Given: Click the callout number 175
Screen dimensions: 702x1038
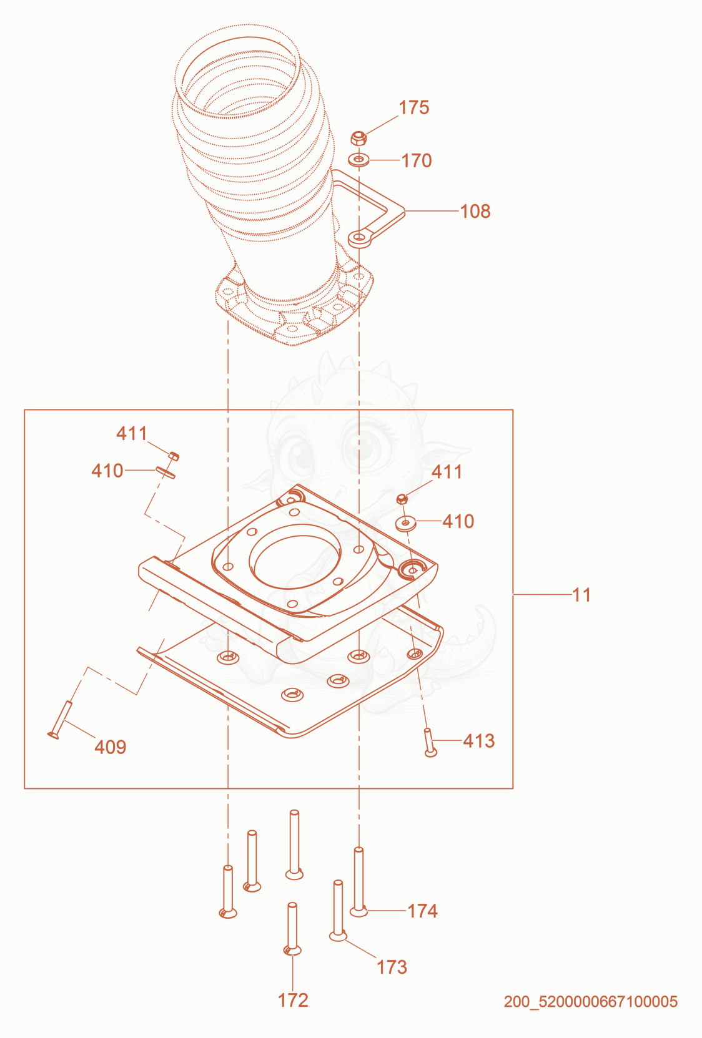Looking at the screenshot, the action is pos(413,107).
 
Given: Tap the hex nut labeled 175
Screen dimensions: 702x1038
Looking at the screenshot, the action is pos(358,137).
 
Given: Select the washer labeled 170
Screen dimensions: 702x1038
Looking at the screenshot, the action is pos(358,160).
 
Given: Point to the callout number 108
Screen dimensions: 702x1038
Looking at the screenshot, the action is pos(475,212).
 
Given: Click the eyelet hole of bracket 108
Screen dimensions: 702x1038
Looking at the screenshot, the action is pos(359,238).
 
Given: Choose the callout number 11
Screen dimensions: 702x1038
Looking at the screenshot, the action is pos(581,595).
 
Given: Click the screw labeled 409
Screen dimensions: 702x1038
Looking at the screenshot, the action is pos(60,720).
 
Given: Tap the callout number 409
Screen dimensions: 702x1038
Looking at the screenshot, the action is pos(111,747).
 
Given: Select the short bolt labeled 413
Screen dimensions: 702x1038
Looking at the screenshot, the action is pos(430,742).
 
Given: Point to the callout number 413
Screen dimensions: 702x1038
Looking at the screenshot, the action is pos(479,741).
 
